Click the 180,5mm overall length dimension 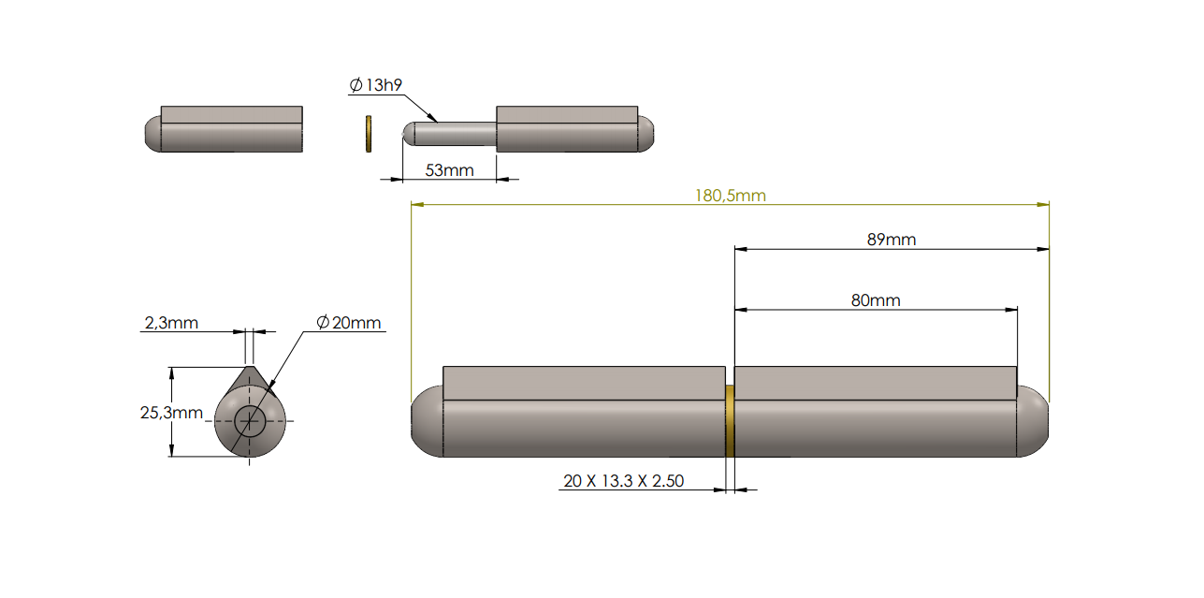click(x=730, y=196)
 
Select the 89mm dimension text click(x=891, y=240)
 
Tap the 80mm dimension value click(x=875, y=300)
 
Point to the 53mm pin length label click(x=449, y=170)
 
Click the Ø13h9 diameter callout click(x=375, y=86)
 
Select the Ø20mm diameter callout click(x=349, y=323)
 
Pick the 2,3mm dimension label click(x=170, y=323)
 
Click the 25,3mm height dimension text click(x=171, y=413)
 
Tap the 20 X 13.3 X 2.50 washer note click(x=623, y=481)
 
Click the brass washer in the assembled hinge click(x=730, y=421)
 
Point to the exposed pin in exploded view click(x=449, y=134)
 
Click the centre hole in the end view click(x=250, y=421)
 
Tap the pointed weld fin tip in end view click(x=250, y=369)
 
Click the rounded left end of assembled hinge click(x=426, y=421)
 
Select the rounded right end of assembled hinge click(x=1034, y=421)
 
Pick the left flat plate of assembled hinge click(x=584, y=383)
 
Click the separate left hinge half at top click(x=225, y=129)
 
